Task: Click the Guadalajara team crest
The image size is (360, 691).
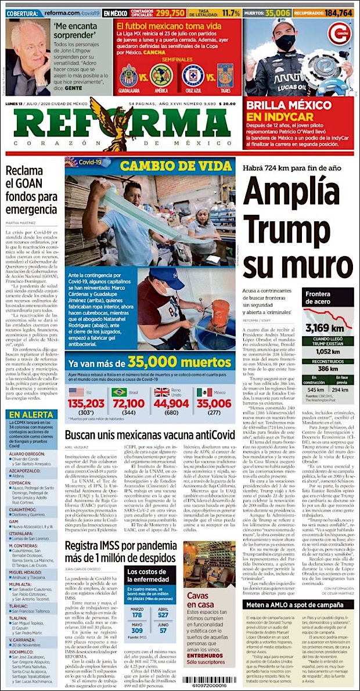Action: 128,75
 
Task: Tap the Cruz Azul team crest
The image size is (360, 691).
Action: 192,75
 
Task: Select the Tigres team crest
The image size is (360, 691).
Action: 225,75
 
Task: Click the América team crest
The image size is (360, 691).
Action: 160,75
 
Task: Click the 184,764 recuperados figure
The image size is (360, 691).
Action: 338,12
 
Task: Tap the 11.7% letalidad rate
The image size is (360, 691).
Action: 231,12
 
